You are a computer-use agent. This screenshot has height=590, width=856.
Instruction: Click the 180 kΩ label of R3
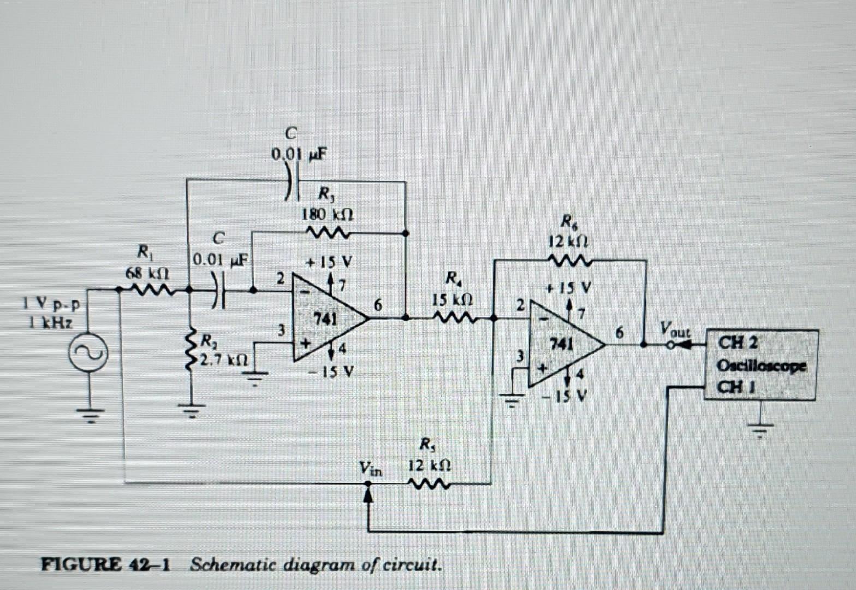328,214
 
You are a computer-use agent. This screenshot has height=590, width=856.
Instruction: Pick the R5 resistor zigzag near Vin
431,483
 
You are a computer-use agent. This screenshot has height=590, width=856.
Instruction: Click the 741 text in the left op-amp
323,317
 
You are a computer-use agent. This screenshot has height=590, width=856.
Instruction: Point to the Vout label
674,331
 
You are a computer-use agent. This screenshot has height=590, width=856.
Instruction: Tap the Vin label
371,468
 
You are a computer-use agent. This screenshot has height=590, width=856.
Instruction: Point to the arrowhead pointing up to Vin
369,494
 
